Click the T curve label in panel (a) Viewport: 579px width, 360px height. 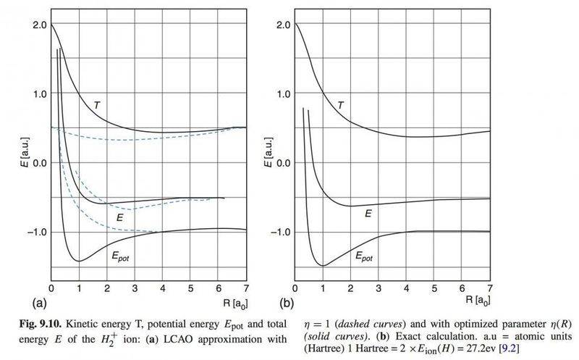97,105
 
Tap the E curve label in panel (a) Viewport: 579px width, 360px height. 120,216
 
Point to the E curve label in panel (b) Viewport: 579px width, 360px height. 368,214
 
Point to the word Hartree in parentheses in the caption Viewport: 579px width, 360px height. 315,346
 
